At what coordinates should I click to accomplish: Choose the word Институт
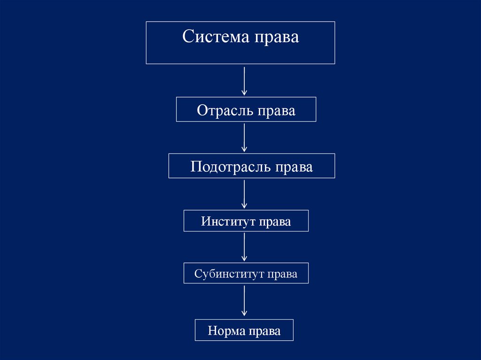pyautogui.click(x=223, y=221)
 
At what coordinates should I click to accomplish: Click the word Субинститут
pyautogui.click(x=229, y=274)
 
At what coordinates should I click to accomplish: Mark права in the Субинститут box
pyautogui.click(x=282, y=275)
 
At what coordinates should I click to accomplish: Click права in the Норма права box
pyautogui.click(x=265, y=332)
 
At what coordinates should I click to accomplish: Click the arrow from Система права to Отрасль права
pyautogui.click(x=244, y=81)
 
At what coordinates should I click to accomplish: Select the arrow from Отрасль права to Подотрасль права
pyautogui.click(x=244, y=137)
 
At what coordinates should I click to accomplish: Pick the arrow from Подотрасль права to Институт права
pyautogui.click(x=244, y=194)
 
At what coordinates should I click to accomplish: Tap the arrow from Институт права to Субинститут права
pyautogui.click(x=244, y=247)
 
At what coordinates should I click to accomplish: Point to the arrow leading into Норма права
pyautogui.click(x=244, y=300)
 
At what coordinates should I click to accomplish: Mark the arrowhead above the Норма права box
pyautogui.click(x=244, y=313)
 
